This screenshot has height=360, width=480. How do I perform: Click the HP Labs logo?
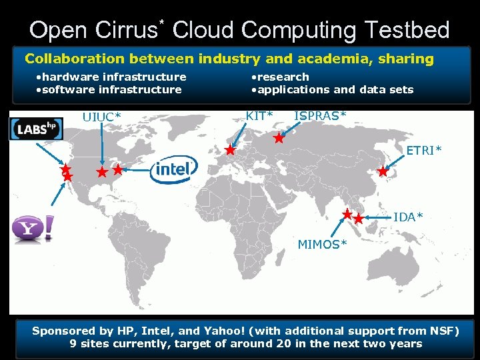[x=36, y=129]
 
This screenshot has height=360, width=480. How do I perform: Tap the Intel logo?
[x=174, y=170]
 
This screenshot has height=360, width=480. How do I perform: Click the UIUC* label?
[x=101, y=117]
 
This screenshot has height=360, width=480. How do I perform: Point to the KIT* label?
[x=259, y=116]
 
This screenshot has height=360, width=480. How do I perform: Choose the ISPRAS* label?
[x=320, y=116]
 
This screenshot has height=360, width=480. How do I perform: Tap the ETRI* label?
[x=424, y=151]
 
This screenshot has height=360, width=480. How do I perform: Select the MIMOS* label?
[x=322, y=245]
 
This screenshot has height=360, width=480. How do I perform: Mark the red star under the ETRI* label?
[x=383, y=171]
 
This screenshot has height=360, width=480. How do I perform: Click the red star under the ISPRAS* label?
[x=279, y=139]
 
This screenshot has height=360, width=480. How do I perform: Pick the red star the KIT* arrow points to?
[x=230, y=151]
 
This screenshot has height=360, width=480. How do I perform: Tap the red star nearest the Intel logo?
[x=118, y=170]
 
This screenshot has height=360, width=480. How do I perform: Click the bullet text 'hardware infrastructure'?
[x=113, y=77]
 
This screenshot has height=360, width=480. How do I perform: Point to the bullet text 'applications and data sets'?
[x=335, y=89]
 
